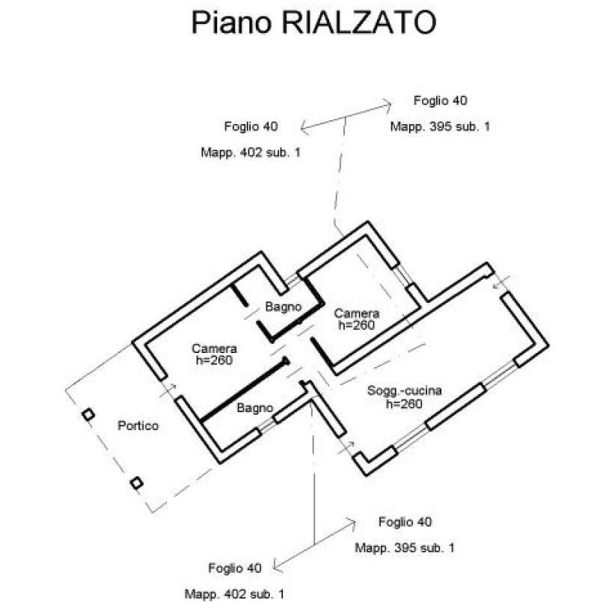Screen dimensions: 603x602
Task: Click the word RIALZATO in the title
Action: point(359,22)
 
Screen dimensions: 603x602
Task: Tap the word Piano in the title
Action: point(231,22)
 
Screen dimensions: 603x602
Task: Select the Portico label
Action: point(138,426)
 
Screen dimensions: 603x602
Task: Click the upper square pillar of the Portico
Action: point(88,414)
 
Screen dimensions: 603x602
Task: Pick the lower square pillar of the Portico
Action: point(136,483)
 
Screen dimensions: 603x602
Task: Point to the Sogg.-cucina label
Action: point(405,390)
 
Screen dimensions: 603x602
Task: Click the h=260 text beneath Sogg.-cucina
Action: point(404,404)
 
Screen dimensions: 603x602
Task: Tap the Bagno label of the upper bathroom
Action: point(284,307)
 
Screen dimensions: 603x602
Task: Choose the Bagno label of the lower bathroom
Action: point(255,408)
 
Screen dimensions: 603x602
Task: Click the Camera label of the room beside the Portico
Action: point(214,348)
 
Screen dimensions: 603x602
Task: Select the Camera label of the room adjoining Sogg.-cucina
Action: point(357,313)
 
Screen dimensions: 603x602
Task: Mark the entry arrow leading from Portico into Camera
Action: point(168,390)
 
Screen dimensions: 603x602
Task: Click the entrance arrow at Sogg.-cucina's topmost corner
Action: point(501,282)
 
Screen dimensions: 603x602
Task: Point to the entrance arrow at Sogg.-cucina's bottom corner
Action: point(346,448)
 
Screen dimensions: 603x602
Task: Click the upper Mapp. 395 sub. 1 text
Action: point(441,126)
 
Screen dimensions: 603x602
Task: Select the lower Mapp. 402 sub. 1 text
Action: point(235,594)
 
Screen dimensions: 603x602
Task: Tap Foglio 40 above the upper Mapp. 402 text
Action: point(251,126)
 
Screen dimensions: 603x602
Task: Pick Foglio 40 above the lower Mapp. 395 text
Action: point(405,522)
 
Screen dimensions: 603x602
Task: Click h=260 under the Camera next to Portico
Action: point(214,360)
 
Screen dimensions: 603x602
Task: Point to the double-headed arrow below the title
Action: point(346,117)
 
